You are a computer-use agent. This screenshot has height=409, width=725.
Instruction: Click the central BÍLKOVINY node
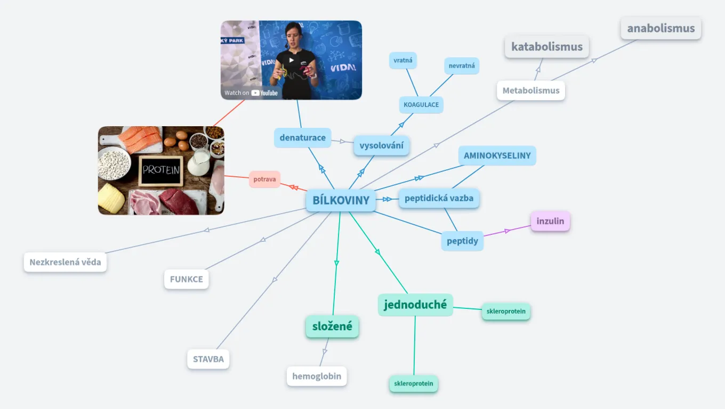[341, 200]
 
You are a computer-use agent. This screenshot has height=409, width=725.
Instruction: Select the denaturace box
[302, 137]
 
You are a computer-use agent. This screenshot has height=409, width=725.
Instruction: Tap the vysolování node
[381, 145]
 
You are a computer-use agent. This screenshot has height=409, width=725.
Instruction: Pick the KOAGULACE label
[421, 104]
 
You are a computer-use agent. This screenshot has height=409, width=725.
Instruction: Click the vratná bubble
[402, 60]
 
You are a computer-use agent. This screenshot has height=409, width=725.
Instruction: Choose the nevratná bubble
[461, 66]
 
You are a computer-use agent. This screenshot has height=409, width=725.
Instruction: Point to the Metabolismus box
[530, 91]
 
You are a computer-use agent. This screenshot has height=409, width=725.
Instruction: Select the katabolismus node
[546, 47]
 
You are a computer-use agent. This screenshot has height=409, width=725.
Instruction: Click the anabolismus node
[660, 28]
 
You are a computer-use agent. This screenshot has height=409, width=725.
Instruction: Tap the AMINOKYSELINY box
[497, 156]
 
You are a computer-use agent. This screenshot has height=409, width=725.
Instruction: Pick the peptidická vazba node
[439, 198]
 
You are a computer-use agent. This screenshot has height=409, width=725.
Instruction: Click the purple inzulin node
[550, 221]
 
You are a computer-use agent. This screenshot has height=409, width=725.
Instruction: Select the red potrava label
[264, 179]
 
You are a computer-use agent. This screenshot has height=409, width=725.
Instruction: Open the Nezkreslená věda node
[65, 262]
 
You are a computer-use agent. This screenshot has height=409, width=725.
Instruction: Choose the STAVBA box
[208, 359]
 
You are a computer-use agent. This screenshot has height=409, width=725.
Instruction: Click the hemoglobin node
[317, 376]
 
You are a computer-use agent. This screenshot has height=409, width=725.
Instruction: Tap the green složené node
[332, 326]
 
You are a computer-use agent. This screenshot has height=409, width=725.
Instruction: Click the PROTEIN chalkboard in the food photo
[160, 170]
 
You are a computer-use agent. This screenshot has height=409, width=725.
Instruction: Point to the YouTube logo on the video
[264, 93]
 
